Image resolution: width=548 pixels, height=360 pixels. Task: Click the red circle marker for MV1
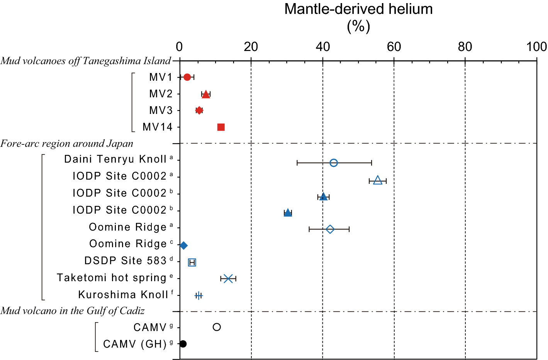point(187,77)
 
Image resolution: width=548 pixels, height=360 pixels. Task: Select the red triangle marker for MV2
point(206,95)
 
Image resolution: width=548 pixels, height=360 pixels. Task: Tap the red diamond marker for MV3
point(199,110)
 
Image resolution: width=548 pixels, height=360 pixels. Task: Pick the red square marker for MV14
point(221,127)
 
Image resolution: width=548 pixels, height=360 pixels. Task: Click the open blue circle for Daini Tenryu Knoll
point(334,163)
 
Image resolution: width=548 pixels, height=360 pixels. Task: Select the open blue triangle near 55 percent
point(378,180)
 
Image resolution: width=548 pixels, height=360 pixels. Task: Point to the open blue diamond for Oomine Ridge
point(330,229)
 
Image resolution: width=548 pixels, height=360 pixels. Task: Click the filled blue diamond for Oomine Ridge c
point(184,246)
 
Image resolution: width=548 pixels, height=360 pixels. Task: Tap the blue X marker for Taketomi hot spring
point(228,278)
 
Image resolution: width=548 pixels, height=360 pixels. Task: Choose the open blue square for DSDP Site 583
point(192,263)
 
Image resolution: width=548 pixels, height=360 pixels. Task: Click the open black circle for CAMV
point(217,327)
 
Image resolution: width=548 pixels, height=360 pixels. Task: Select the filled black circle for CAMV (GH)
point(183,344)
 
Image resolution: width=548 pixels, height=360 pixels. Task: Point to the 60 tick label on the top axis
point(394,47)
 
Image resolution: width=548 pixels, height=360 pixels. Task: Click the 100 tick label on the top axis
point(536,47)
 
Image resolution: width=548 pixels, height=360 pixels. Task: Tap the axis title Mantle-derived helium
point(358,9)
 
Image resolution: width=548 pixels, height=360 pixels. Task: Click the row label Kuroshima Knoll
point(123,295)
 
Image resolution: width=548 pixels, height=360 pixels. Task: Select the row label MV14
point(157,127)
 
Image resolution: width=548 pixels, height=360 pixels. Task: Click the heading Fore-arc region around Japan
point(67,144)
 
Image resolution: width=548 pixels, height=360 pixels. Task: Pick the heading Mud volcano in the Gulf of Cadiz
point(73,311)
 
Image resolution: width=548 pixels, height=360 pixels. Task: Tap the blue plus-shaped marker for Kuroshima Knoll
point(199,296)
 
